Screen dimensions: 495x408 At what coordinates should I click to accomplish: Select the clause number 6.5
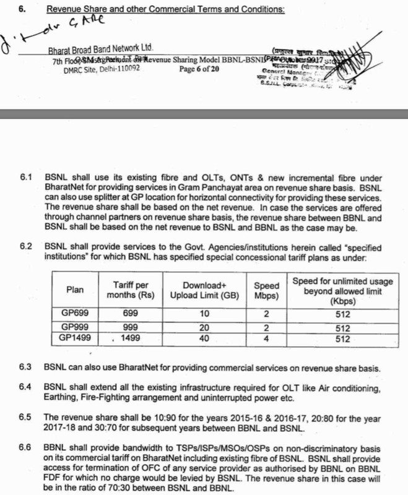tap(26, 416)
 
